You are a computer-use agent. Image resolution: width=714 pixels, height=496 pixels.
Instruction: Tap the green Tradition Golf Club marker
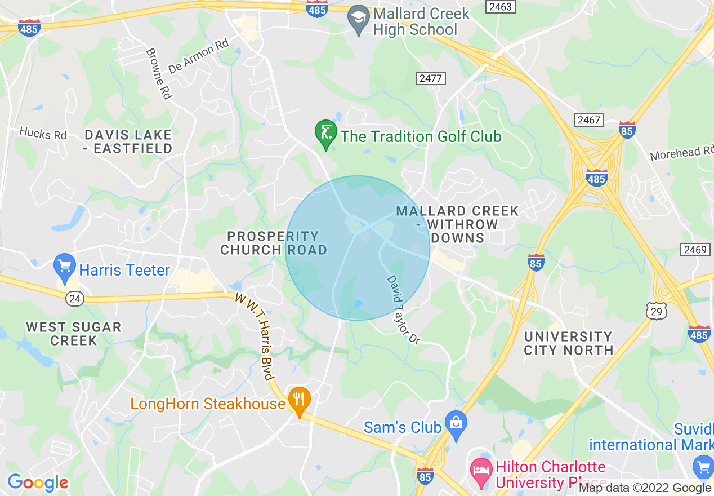click(325, 133)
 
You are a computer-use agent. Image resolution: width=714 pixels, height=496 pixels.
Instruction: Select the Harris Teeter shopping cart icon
click(65, 266)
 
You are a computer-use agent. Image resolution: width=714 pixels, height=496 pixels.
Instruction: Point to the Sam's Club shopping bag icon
click(456, 423)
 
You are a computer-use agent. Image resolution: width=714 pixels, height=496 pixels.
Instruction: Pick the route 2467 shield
click(589, 119)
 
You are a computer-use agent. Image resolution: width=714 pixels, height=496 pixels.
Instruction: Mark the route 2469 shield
click(695, 250)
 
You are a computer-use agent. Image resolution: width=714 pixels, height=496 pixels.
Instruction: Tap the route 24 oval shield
click(75, 299)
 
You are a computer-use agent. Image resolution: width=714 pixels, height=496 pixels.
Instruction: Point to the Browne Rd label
click(158, 74)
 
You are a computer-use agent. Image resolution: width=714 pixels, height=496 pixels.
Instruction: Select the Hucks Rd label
click(43, 134)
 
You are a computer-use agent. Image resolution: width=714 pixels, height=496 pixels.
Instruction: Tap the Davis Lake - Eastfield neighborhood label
click(128, 141)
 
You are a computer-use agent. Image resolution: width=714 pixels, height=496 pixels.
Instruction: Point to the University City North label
click(568, 343)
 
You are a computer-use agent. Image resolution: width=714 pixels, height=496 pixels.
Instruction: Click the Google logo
click(38, 482)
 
